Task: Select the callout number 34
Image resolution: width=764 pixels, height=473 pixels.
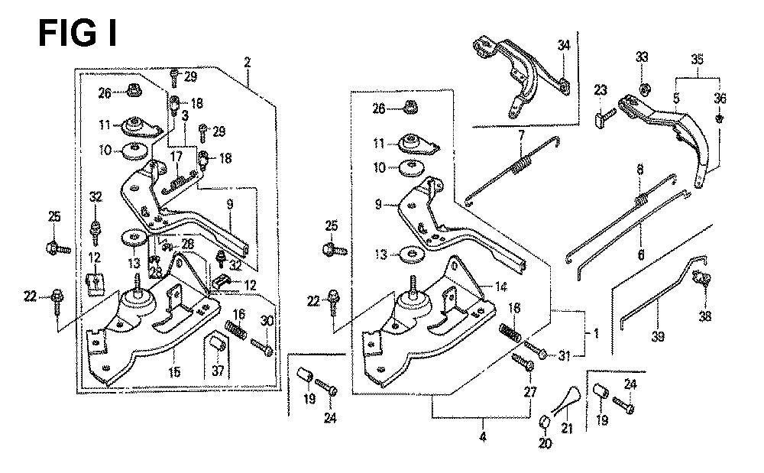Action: (563, 47)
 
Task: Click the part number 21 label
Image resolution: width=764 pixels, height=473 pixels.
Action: (567, 429)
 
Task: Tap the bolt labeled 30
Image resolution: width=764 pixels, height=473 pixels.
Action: (262, 349)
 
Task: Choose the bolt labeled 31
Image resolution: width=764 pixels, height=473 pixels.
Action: (536, 353)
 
